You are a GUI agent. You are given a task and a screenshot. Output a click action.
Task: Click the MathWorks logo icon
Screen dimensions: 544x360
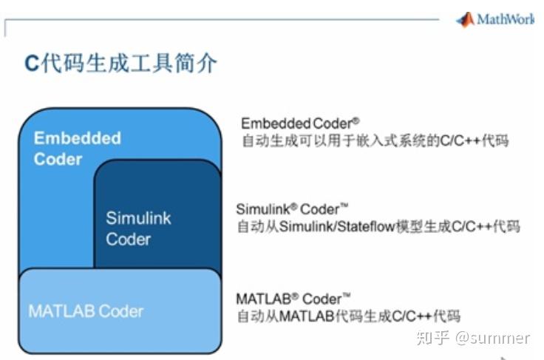465,19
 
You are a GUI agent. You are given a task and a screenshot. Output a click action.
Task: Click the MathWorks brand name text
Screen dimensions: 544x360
506,19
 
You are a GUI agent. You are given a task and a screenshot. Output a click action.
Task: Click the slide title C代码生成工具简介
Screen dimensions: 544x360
120,64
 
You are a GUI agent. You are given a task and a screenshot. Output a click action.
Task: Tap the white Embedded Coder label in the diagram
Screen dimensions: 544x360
78,149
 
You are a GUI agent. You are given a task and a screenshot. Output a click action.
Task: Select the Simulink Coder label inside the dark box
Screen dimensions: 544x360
138,228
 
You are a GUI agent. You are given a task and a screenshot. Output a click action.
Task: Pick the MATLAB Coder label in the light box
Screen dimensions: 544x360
86,311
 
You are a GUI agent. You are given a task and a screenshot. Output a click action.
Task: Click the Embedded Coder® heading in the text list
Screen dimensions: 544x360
300,123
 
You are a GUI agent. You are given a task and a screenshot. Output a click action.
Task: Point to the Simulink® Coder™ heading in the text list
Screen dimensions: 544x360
292,209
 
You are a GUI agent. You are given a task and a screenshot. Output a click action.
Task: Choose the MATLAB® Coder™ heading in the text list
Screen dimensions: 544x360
293,299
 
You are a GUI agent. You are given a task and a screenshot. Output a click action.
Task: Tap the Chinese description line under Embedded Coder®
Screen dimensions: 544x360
375,140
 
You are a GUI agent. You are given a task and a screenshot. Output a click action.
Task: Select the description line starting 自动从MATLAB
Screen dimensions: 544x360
349,316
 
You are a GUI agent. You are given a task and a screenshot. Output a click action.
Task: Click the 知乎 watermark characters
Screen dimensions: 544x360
432,338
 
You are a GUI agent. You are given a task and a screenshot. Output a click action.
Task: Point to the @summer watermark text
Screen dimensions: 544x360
493,338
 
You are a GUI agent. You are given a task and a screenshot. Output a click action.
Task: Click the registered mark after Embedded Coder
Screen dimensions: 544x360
356,121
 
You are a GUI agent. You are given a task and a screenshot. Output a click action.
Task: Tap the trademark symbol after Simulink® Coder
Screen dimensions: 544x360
344,206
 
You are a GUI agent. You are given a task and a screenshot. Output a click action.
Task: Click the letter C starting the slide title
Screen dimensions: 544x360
32,64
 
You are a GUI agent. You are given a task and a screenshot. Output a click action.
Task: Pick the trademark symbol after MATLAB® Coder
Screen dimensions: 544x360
346,296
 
